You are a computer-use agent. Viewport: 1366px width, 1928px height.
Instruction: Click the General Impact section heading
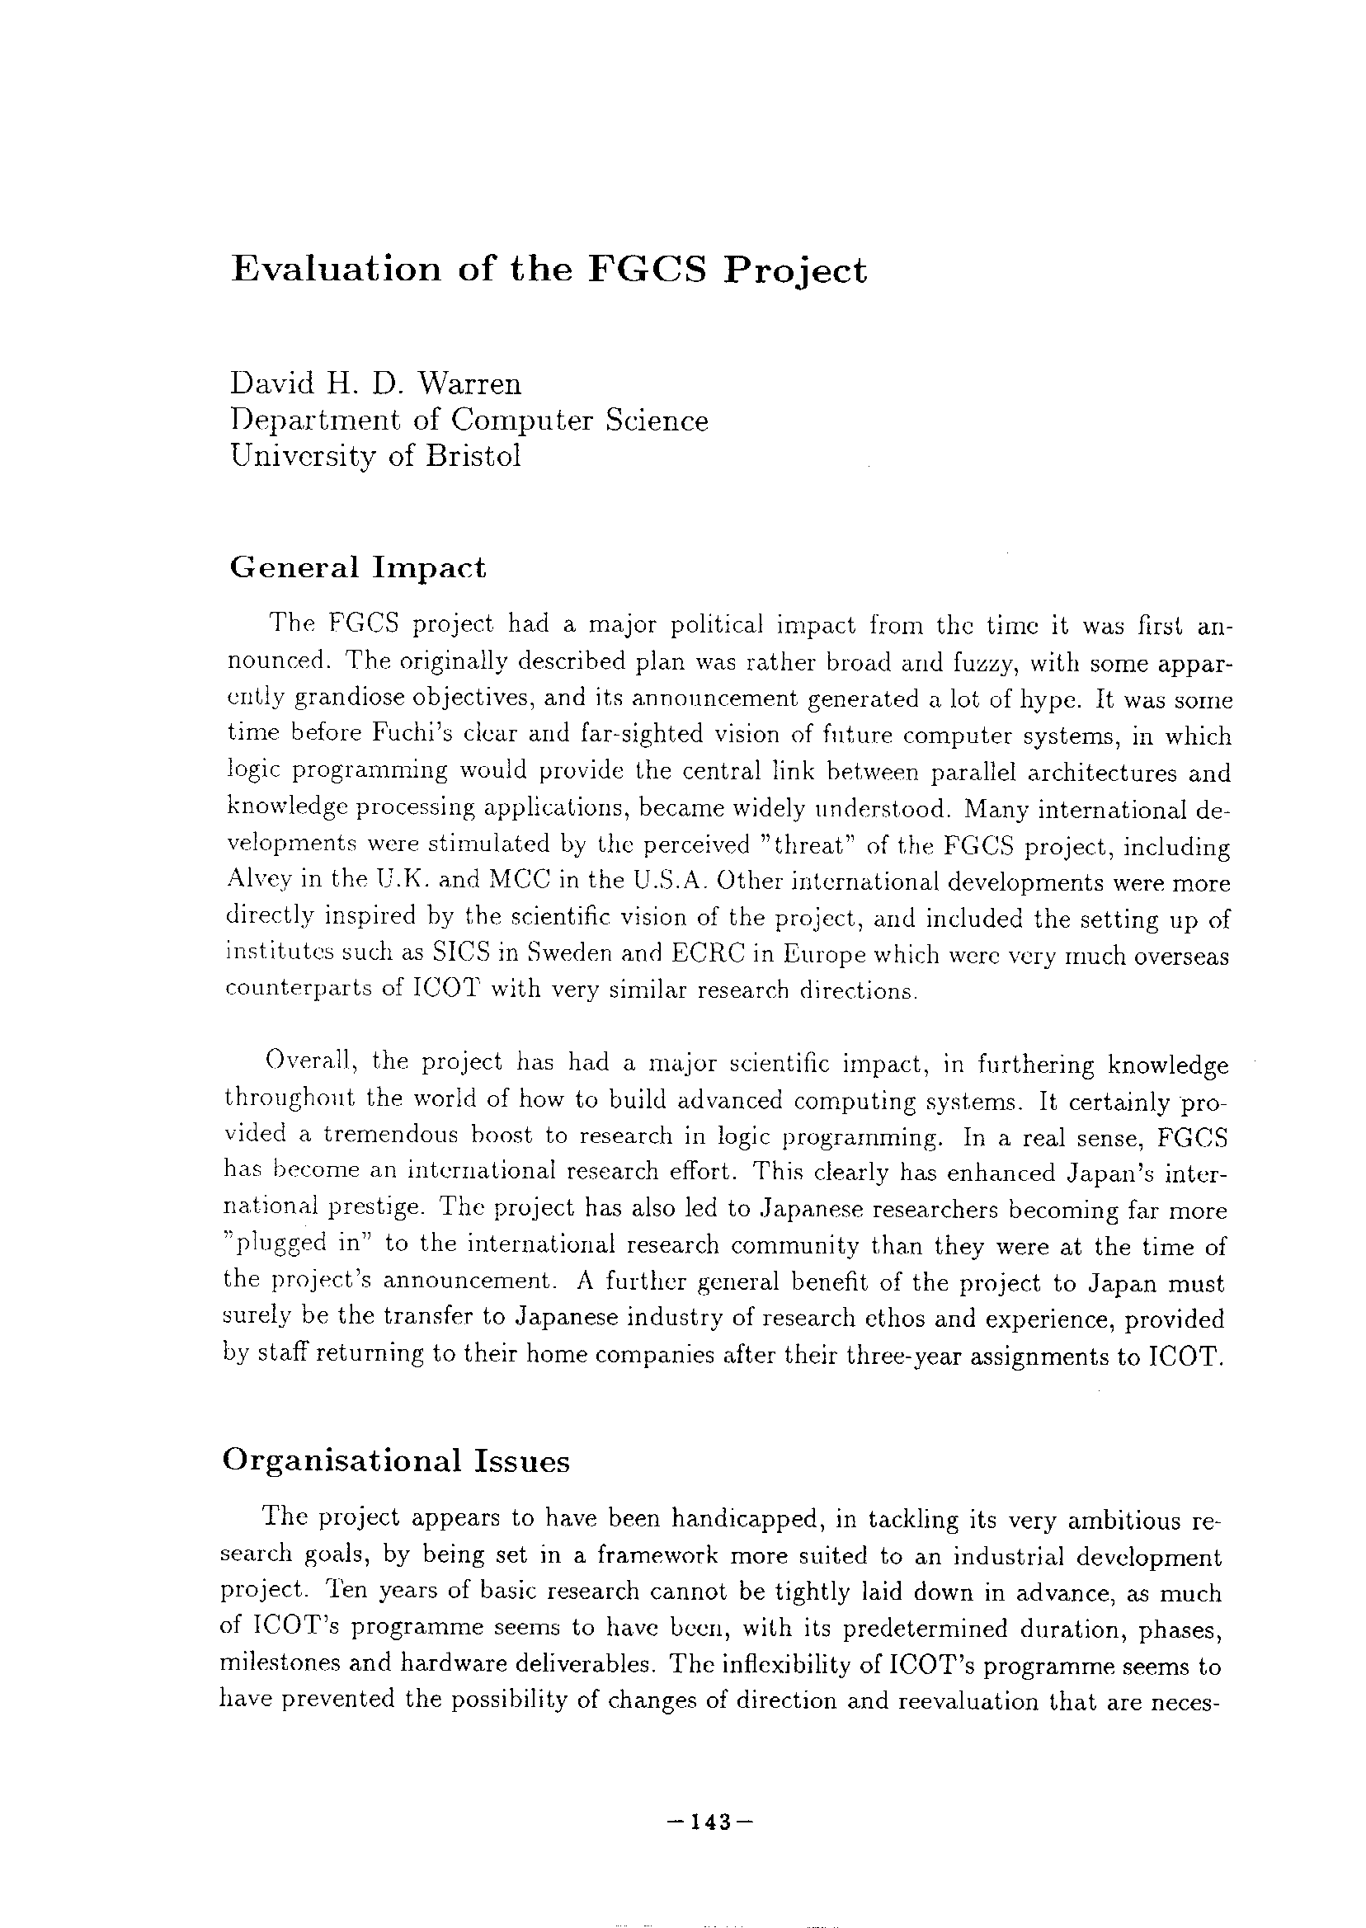coord(357,568)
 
